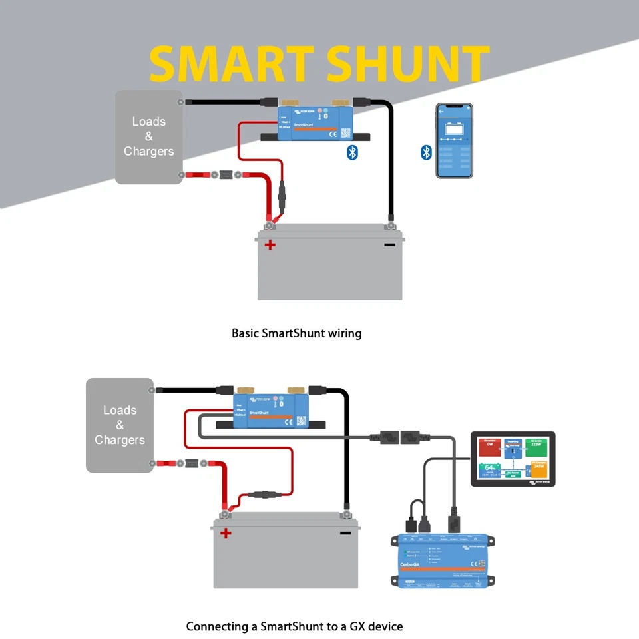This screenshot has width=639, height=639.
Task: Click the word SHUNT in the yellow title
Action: click(409, 65)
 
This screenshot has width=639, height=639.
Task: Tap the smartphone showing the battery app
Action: click(454, 140)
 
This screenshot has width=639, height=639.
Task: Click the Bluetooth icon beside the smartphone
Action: click(427, 152)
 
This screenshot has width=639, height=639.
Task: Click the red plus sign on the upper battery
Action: click(270, 245)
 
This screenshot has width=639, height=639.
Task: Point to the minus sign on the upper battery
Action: click(389, 244)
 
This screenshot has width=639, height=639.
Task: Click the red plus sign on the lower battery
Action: click(226, 532)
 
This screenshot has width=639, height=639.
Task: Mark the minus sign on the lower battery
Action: click(345, 532)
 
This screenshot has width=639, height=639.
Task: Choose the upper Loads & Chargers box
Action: click(148, 137)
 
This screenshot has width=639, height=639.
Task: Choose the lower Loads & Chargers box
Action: click(120, 425)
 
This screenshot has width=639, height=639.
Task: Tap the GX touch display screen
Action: click(512, 459)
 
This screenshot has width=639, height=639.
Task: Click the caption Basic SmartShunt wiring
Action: click(296, 333)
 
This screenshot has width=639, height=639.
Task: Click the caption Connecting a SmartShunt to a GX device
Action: click(294, 626)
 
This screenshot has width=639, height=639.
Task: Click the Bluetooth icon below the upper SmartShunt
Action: click(353, 152)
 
